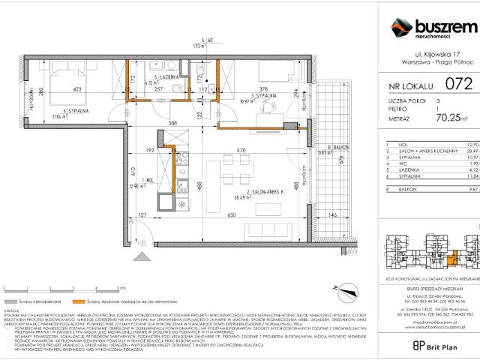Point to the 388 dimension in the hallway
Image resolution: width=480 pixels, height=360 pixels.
[x=172, y=122]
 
